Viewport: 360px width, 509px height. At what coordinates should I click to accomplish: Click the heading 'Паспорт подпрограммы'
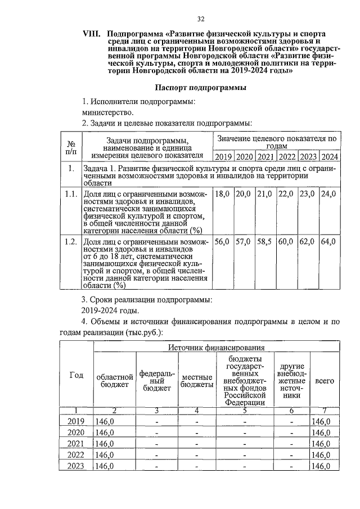coord(201,88)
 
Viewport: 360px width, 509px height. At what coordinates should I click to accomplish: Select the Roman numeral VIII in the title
coord(92,34)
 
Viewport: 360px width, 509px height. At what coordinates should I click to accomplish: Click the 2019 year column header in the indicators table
coord(223,156)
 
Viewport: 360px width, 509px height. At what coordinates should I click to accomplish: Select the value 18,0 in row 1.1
coord(223,194)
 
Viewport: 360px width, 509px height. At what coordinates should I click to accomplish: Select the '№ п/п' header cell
coord(71,147)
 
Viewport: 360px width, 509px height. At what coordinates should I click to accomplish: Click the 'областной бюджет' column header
coord(115,381)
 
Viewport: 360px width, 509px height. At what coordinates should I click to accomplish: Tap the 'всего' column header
coord(325,381)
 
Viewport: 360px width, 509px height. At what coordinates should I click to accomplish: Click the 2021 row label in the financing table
coord(76,444)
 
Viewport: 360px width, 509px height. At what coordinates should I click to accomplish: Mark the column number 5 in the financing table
coord(245,410)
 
